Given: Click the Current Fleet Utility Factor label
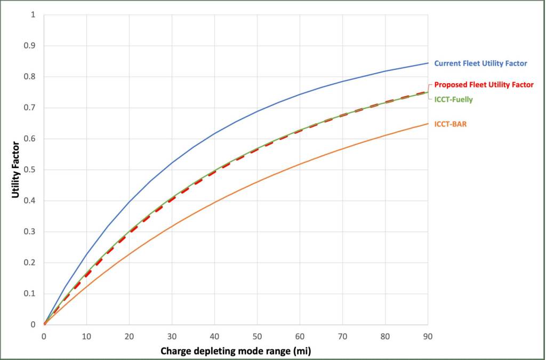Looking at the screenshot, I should tap(480, 63).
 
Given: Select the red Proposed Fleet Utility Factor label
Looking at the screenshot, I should tap(484, 85).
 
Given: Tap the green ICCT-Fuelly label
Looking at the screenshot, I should tap(453, 99).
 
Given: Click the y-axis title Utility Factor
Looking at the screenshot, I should tap(15, 170).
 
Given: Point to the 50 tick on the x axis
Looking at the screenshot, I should tap(257, 337).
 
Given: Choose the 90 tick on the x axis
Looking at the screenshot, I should tap(427, 337).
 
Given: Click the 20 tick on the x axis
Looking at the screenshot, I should tap(129, 337).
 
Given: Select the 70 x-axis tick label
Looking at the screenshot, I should tap(342, 337).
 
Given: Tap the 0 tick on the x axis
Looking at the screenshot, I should tap(44, 337).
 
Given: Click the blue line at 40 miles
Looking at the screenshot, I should tap(214, 133).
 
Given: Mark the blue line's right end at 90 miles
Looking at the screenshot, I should tap(427, 63).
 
